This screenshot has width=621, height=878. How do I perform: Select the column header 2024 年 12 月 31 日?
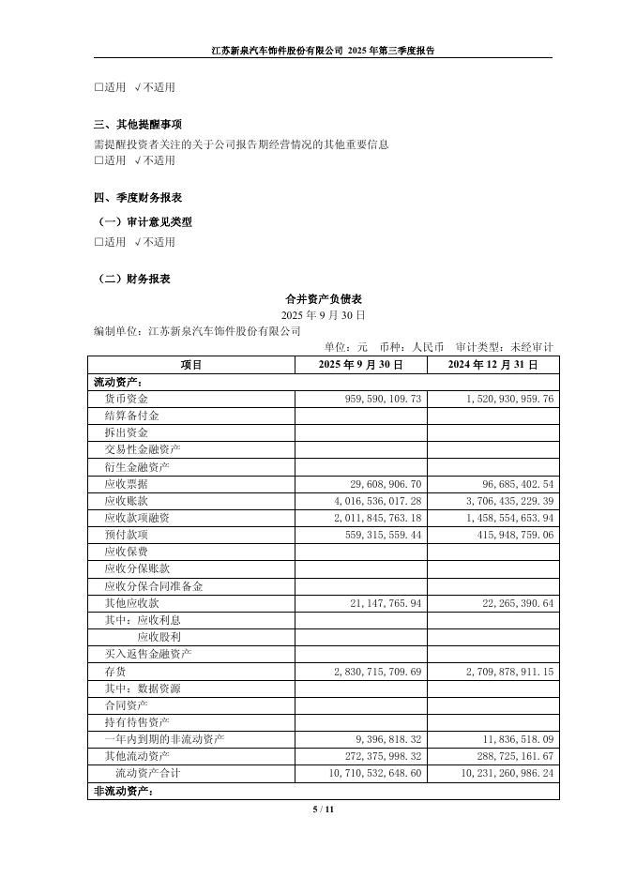492,365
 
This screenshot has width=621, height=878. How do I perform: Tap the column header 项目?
190,365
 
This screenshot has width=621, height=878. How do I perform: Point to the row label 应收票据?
127,484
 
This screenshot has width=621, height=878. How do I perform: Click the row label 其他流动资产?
137,756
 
